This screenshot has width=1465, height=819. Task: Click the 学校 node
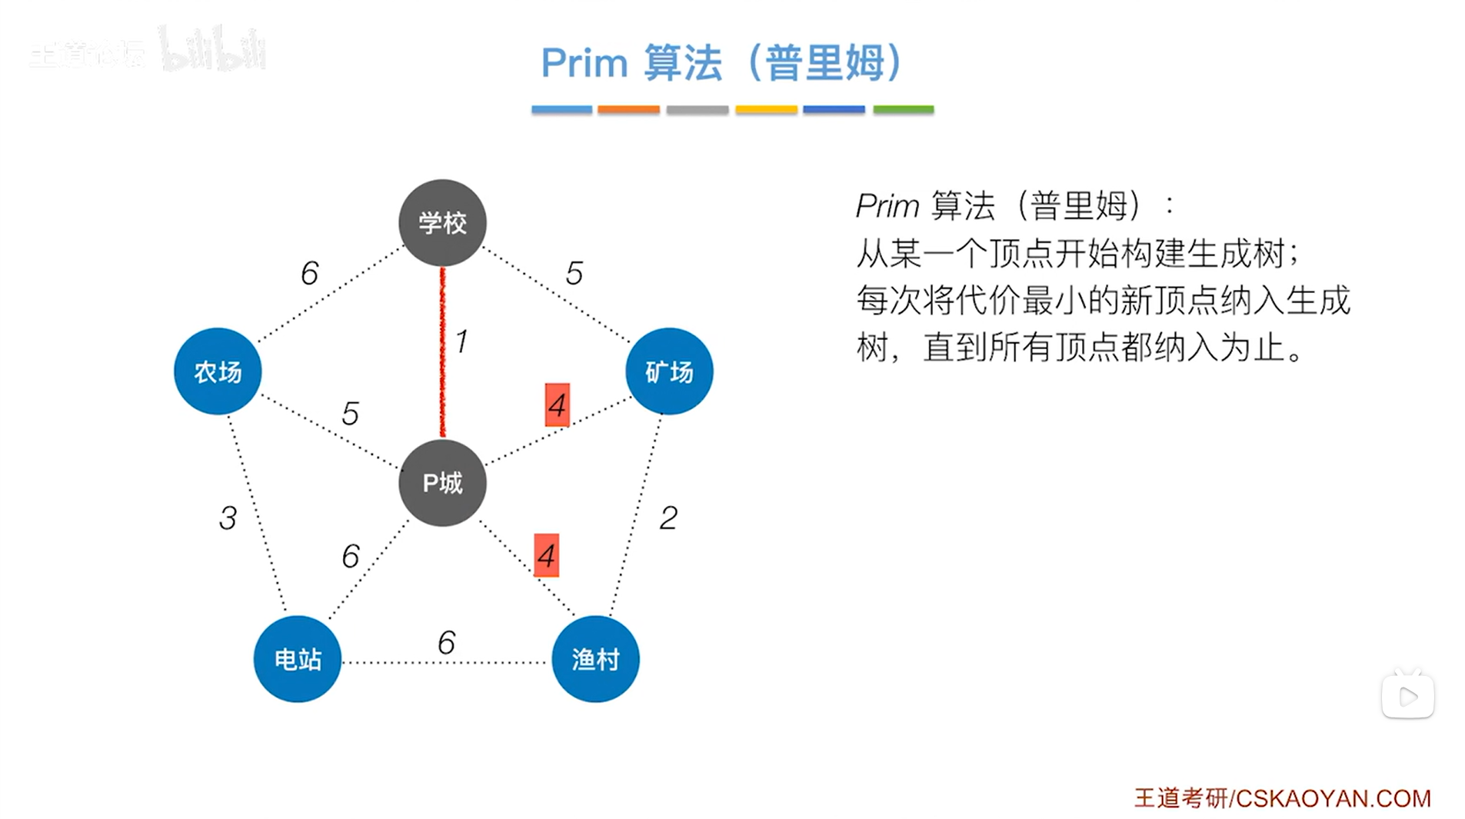coord(442,223)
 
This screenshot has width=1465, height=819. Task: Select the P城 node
coord(442,482)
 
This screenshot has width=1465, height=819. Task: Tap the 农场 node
coord(218,371)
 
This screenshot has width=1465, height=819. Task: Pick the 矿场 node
coord(669,371)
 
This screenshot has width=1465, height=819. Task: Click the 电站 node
coord(298,659)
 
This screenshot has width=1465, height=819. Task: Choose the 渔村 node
coord(595,659)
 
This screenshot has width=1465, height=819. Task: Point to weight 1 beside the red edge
coord(461,341)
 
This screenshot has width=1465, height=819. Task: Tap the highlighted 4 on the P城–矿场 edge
coord(558,405)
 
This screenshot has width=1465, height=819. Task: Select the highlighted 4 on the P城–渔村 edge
coord(547,555)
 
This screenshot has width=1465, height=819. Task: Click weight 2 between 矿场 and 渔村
coord(668,518)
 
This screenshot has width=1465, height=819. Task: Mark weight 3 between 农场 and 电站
coord(228,518)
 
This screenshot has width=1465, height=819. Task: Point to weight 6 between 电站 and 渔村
coord(447,642)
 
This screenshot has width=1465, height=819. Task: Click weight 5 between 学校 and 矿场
coord(574,273)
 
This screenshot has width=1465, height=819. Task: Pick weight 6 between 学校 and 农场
coord(309,273)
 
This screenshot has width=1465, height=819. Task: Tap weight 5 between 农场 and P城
coord(350,414)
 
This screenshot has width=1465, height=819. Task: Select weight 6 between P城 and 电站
coord(351,556)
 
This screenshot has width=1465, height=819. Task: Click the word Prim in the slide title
coord(584,63)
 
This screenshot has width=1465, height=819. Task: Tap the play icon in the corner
coord(1408,697)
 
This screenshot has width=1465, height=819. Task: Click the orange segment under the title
coord(628,110)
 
